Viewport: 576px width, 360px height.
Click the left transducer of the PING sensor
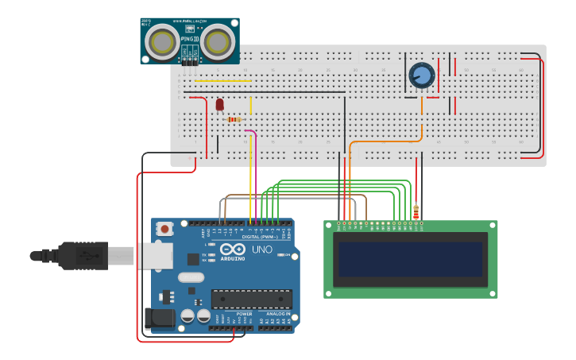(164, 41)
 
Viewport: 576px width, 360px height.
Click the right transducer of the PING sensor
(218, 41)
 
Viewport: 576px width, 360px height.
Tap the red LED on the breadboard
(220, 104)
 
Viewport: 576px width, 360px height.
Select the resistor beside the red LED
(234, 119)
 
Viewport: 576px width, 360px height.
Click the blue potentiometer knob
(421, 75)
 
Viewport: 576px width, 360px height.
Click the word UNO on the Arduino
(262, 249)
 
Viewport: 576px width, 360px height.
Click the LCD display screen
(410, 259)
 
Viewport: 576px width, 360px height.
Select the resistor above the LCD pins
(416, 211)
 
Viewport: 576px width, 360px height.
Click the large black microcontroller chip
(251, 299)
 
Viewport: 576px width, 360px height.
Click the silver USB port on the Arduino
(154, 255)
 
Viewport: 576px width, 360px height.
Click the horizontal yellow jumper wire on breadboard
(222, 81)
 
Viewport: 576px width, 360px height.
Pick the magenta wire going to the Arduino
(255, 175)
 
